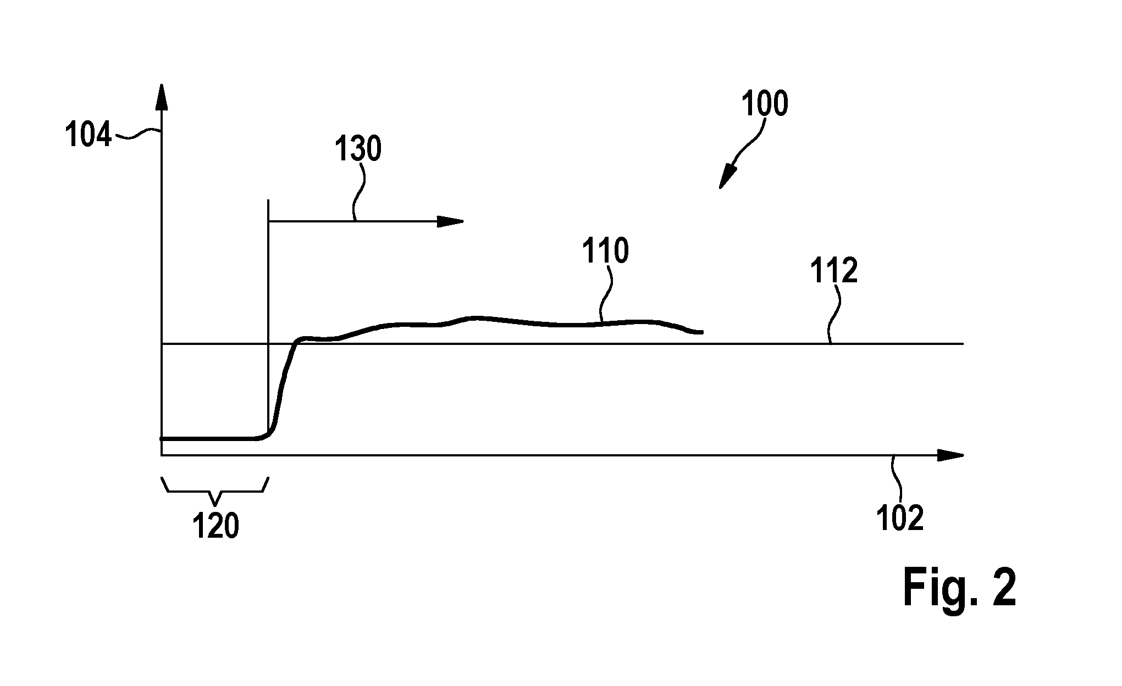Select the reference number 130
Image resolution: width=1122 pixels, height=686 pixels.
point(358,149)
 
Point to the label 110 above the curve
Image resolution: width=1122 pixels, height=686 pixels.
point(606,252)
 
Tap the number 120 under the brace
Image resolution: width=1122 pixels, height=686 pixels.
point(215,526)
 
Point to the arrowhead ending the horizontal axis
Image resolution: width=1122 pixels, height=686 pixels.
point(950,455)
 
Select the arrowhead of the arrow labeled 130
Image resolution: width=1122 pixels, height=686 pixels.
point(450,221)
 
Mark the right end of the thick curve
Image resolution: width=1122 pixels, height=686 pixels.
point(702,332)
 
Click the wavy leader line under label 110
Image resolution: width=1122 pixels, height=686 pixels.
point(605,294)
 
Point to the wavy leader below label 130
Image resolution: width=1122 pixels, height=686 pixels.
point(358,192)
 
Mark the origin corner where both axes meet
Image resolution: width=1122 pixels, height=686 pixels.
point(162,455)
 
